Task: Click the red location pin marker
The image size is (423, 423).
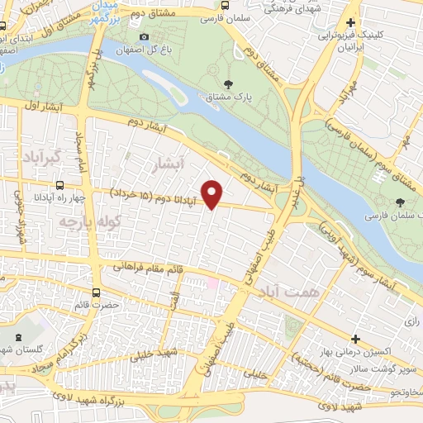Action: pyautogui.click(x=213, y=192)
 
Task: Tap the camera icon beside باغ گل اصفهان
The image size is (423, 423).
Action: pyautogui.click(x=145, y=36)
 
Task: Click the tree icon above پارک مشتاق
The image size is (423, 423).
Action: pyautogui.click(x=228, y=83)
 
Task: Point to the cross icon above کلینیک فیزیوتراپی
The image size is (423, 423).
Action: pyautogui.click(x=352, y=24)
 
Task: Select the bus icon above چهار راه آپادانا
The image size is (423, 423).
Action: pyautogui.click(x=59, y=186)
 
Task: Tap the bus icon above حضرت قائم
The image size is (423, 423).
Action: pyautogui.click(x=97, y=292)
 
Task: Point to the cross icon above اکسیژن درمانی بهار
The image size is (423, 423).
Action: pyautogui.click(x=355, y=339)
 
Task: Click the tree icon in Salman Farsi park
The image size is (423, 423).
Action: pyautogui.click(x=400, y=202)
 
